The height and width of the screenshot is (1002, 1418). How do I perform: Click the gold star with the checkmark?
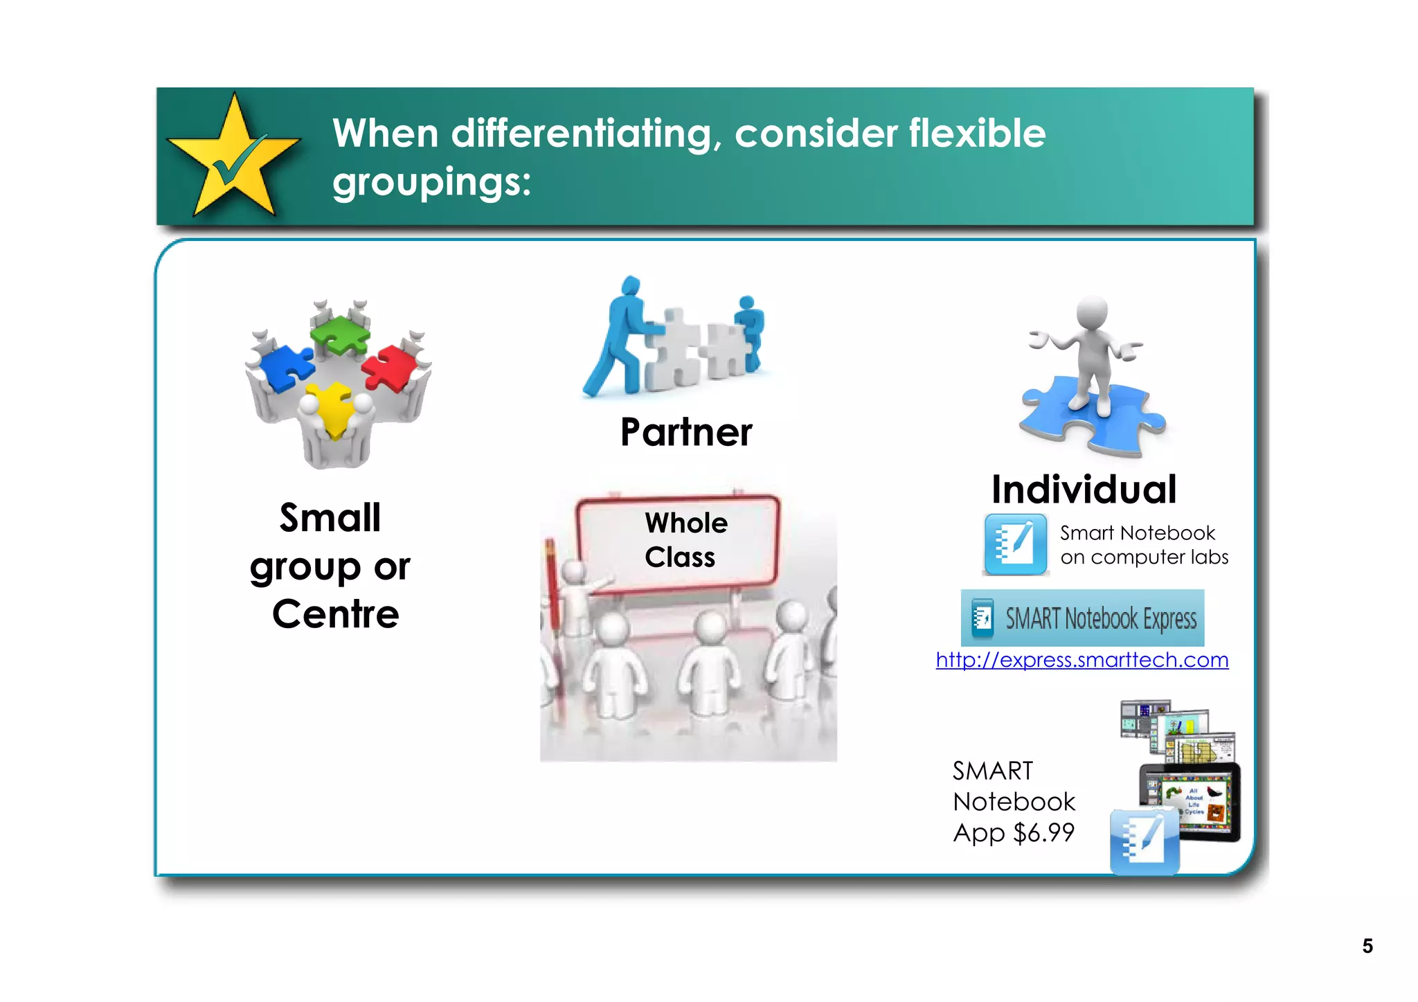233,158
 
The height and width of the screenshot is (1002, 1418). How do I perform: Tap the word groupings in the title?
431,182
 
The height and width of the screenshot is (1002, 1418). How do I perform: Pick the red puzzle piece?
389,367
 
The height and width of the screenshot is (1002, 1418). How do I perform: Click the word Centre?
336,614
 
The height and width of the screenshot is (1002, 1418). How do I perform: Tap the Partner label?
685,432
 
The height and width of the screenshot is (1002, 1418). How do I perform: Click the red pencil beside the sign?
552,589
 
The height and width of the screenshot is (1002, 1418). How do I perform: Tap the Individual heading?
1084,490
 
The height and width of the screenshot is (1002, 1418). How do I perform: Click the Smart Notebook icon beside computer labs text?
1015,544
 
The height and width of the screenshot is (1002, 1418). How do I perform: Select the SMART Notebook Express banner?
1082,618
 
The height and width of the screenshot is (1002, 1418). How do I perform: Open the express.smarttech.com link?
1082,660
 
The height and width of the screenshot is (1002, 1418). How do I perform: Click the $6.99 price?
1043,832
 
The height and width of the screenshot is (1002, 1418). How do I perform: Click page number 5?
1367,946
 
